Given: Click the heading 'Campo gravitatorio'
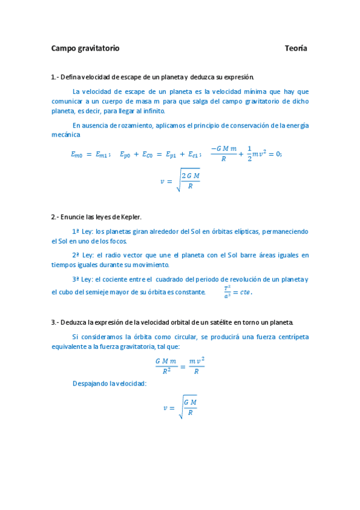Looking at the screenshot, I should pos(85,48).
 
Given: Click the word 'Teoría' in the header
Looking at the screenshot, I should pos(296,48).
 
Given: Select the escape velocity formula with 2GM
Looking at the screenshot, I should pos(180,180).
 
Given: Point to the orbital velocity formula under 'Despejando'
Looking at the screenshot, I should pos(180,407).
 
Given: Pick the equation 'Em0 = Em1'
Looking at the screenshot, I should pos(90,155).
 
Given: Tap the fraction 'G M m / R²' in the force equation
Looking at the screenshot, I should pos(166,364).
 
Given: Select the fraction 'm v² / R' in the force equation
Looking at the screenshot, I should pos(196,364).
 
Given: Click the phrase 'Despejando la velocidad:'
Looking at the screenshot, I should pos(109,382).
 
